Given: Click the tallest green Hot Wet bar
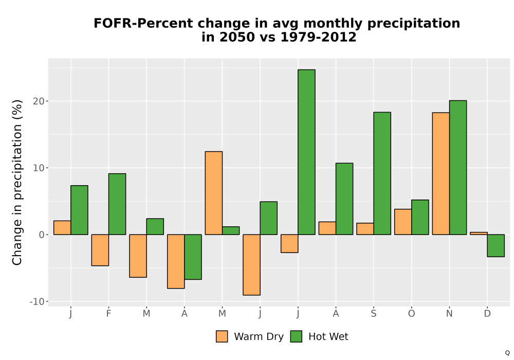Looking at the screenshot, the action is point(306,152).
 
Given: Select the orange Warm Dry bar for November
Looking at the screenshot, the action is point(441,174).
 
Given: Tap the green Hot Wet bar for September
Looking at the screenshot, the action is point(382,173).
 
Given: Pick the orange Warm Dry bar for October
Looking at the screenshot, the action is point(403,222).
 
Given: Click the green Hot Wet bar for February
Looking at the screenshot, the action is point(117,204).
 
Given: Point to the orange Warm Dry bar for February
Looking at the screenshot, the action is point(100,250).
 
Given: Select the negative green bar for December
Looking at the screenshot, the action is point(495,246).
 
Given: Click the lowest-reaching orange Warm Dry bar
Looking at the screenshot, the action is point(251,265).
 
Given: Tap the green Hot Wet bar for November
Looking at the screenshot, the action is point(458,168).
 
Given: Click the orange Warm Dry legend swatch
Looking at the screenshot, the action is point(222,336).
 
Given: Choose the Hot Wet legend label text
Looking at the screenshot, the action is point(328,336).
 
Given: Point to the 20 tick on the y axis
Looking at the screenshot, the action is point(39,101).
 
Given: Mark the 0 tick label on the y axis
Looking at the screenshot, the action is point(42,235).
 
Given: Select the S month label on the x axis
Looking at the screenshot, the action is point(374,314).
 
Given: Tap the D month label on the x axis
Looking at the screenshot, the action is point(487,314).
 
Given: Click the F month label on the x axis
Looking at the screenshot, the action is point(108,314).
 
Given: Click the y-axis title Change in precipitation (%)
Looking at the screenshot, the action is point(17,182).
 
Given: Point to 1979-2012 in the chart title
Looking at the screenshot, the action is point(318,37).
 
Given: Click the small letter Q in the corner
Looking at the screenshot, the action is point(507,353).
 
